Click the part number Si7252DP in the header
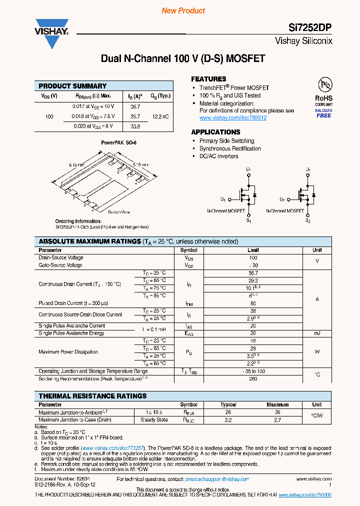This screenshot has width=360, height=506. tap(311, 28)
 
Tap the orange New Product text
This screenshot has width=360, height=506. tap(183, 10)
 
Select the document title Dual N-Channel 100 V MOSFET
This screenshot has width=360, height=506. tap(183, 58)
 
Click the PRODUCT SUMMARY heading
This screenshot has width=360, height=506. tap(72, 86)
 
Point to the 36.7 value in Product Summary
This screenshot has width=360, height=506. tap(135, 106)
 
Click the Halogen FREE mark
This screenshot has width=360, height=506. tap(323, 113)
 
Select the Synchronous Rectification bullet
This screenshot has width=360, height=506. tap(230, 148)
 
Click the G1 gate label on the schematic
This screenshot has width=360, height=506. tap(223, 199)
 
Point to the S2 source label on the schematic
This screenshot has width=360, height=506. tap(307, 220)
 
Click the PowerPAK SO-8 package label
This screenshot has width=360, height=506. tap(118, 142)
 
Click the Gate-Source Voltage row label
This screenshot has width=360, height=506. tap(60, 265)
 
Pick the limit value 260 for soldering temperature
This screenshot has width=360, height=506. tap(253, 378)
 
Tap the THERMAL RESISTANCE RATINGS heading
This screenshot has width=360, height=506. tap(92, 396)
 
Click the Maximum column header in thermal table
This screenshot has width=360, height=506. tap(277, 404)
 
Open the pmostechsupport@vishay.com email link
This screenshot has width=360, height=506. tap(217, 479)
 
